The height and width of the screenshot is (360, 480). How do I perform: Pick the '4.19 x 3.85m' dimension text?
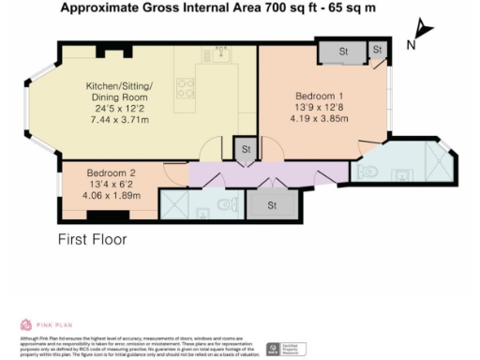point(321,120)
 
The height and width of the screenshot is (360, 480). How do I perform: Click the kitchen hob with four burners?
point(187,88)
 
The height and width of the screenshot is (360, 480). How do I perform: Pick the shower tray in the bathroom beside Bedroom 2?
point(175,203)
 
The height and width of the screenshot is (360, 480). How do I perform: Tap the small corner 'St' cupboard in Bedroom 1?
point(377,50)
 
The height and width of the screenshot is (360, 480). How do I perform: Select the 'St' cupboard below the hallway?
point(273,204)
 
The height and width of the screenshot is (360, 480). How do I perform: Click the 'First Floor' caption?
point(92,239)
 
